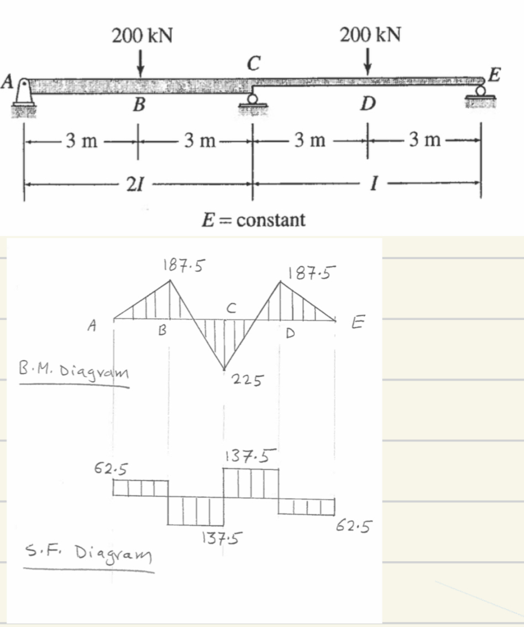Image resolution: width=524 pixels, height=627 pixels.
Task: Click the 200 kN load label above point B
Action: click(142, 36)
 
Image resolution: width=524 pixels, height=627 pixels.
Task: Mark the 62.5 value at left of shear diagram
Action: click(108, 469)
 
